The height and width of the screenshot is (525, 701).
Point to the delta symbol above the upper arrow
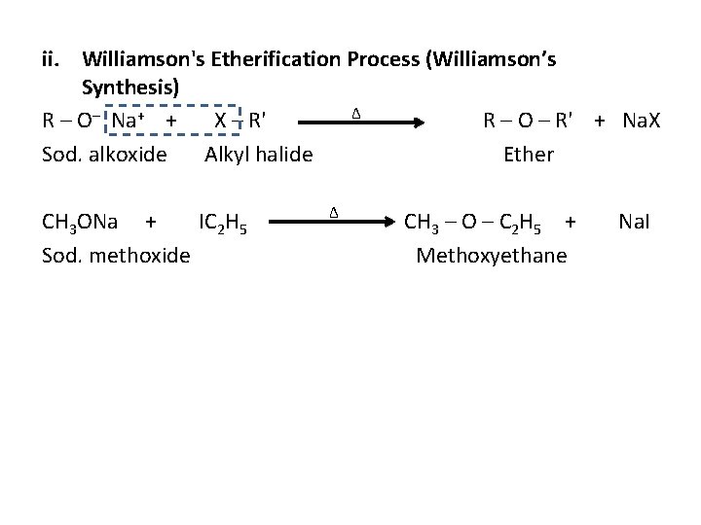pos(356,113)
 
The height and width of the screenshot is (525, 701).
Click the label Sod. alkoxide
pos(105,155)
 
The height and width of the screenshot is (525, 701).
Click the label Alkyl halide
pos(258,155)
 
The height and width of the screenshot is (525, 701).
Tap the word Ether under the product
pos(529,155)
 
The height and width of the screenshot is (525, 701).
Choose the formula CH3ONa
pos(81,224)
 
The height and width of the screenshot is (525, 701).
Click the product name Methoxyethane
pos(491,256)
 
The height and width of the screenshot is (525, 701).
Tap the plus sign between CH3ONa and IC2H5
pos(150,224)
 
